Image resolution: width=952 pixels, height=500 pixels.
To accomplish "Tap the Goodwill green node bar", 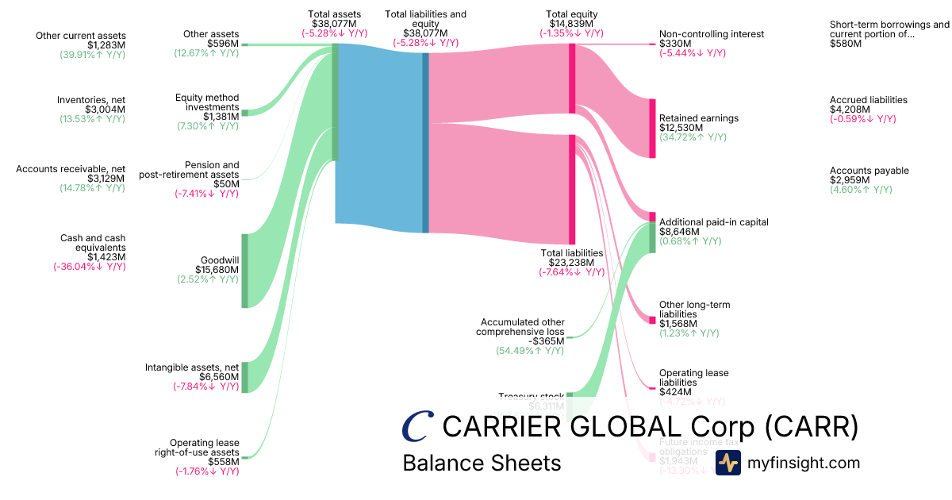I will coord(244,271).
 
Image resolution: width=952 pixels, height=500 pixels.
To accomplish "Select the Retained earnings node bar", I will coord(653,128).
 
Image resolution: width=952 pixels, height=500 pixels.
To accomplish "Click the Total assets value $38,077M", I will coord(336,24).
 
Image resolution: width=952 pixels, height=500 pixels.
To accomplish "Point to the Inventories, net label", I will coord(91,100).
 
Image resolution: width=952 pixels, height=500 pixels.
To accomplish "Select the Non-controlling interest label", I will coord(712,34).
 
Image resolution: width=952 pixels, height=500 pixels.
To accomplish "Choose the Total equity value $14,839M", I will coord(571,24).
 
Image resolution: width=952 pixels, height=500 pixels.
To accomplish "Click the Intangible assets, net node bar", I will coord(244,377).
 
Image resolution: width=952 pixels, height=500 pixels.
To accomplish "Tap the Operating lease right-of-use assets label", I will coord(204,448).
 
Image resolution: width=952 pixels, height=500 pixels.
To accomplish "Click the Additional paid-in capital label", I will coord(714,222).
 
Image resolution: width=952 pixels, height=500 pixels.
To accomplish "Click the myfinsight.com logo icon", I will coord(728,463).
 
